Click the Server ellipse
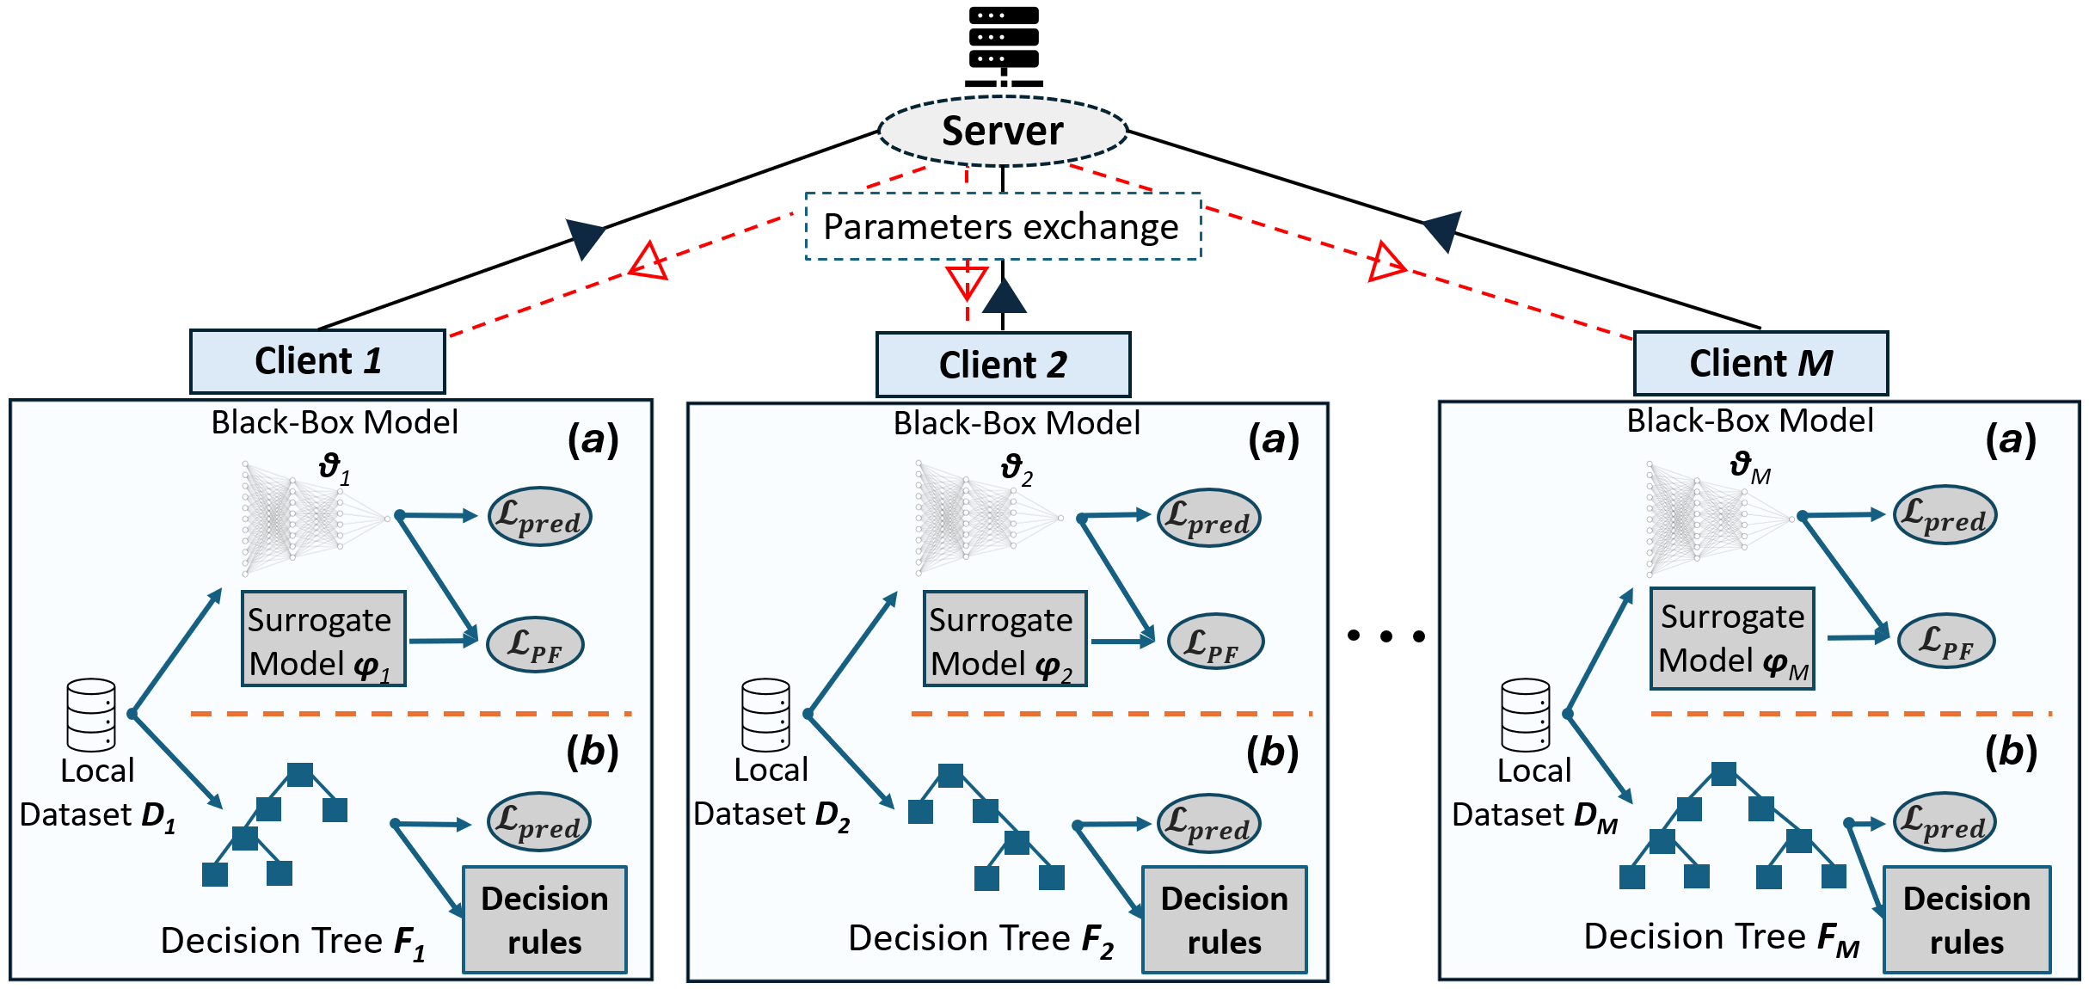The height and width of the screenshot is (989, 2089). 1003,132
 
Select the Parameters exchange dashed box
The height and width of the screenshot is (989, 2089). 1003,226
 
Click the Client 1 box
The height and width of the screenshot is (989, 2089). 317,361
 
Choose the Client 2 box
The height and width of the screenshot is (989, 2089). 1003,365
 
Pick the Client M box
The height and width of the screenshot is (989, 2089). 1760,363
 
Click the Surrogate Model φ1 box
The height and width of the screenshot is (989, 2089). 323,639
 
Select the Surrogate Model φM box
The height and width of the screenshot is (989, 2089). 1732,639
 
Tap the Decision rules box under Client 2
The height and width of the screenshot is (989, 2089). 1224,919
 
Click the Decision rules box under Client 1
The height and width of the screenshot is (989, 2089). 544,919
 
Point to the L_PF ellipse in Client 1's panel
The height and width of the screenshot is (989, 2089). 535,644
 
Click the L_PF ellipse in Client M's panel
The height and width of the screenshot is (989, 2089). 1945,641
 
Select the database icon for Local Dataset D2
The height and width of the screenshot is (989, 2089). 765,716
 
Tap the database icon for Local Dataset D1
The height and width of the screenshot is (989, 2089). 91,716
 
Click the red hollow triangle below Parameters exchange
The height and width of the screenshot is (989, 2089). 967,280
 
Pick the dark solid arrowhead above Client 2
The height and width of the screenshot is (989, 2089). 1004,297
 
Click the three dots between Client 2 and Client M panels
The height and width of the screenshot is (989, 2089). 1386,636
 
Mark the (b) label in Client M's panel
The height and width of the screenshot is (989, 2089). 2011,752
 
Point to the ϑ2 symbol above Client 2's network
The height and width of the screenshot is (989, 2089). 1016,469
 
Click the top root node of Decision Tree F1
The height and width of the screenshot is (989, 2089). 300,774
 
